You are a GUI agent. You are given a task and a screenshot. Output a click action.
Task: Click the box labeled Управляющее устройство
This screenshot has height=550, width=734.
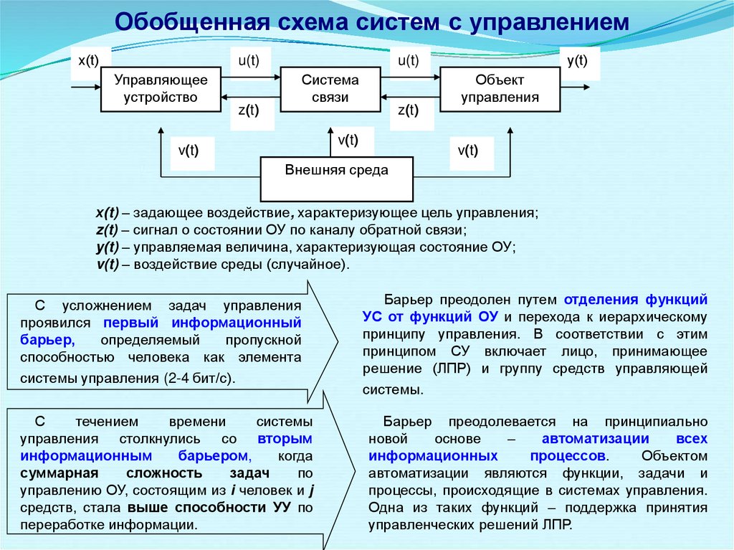(161, 89)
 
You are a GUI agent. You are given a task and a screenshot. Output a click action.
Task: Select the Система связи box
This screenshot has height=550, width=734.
(330, 89)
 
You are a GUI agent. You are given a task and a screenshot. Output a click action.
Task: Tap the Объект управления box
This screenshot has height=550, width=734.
(500, 89)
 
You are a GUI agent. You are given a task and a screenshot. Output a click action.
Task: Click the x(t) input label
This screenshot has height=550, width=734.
(89, 62)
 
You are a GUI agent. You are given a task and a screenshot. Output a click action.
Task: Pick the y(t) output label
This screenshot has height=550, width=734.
(577, 62)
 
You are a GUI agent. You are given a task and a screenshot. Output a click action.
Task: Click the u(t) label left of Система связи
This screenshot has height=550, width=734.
(249, 62)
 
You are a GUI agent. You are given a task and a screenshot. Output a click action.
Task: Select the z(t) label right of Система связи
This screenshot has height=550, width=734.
(408, 110)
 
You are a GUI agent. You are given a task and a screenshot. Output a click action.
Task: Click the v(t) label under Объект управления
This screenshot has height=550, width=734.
(467, 151)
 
